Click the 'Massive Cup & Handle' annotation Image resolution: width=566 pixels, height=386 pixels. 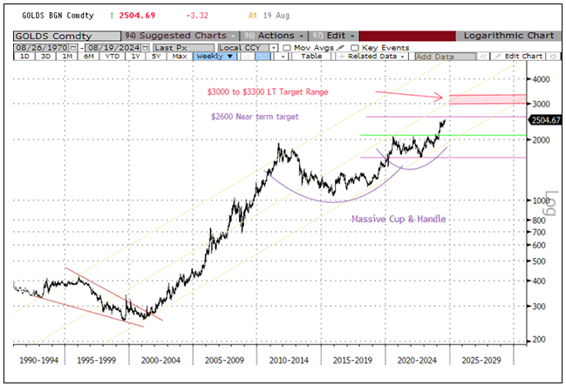399,220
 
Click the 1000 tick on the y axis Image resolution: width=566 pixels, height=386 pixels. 539,200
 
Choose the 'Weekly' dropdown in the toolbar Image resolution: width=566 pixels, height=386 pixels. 215,56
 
